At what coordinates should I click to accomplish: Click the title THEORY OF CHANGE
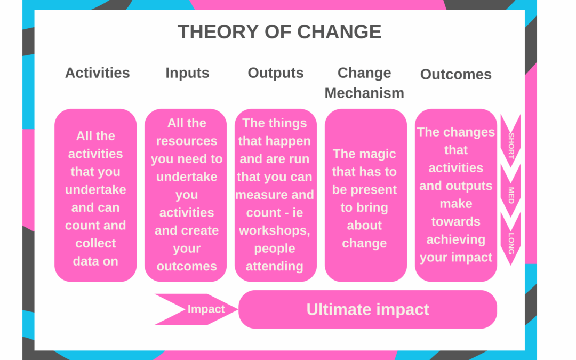tap(279, 31)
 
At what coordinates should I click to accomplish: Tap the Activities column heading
tap(98, 73)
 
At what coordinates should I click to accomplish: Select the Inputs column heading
tap(187, 73)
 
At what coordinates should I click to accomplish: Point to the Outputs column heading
tap(276, 73)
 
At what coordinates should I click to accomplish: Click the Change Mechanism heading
tap(364, 83)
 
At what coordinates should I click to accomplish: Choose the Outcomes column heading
tap(456, 74)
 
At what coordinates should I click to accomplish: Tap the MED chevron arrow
tap(510, 191)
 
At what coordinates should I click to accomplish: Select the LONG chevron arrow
tap(510, 239)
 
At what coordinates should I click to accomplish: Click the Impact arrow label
tap(206, 309)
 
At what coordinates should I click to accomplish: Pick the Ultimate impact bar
tap(367, 309)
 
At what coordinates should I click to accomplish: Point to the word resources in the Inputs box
tap(187, 141)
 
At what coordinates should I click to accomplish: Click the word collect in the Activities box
tap(95, 243)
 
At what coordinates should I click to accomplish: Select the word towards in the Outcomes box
tap(456, 221)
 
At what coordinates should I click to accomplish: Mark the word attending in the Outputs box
tap(275, 266)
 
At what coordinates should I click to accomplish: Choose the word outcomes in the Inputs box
tap(187, 266)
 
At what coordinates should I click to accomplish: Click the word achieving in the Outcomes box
tap(456, 239)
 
